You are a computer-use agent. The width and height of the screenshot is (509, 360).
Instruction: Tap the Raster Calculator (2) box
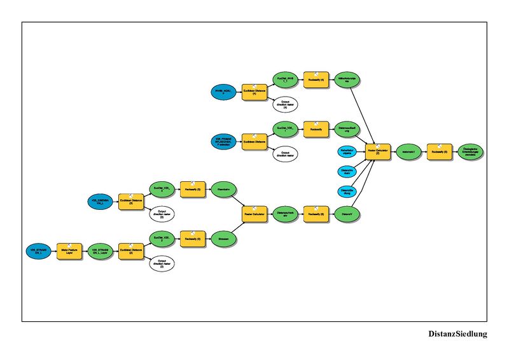378,152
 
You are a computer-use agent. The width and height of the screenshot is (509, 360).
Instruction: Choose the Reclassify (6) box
316,214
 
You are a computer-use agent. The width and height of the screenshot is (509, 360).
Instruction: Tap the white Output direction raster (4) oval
285,104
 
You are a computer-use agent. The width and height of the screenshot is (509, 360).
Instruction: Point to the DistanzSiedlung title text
457,333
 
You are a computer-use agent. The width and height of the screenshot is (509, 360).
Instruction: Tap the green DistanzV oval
346,214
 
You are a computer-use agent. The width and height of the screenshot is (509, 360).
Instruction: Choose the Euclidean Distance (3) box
131,202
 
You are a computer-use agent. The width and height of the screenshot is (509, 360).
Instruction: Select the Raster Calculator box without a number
254,214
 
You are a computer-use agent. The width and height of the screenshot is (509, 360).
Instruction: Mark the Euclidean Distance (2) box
131,251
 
